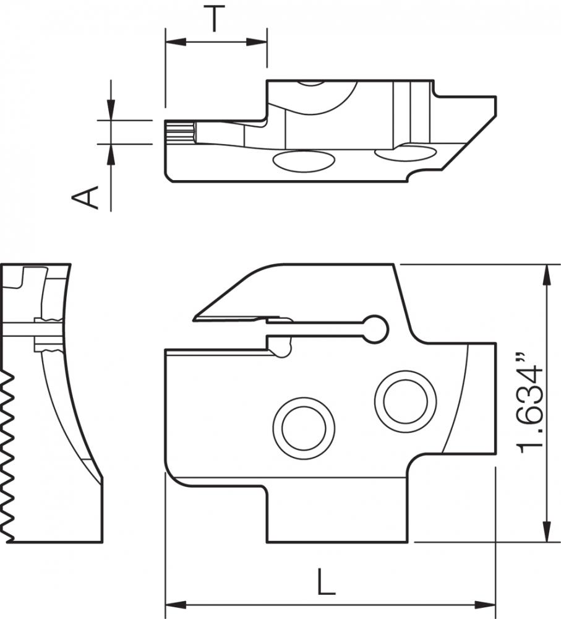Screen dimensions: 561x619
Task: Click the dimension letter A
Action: (x=85, y=197)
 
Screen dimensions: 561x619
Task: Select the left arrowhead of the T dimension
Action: (x=175, y=41)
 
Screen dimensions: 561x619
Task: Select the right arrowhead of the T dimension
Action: (x=257, y=41)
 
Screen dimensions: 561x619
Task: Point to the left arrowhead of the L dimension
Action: (x=175, y=604)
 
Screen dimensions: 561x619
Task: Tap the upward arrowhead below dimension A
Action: (x=111, y=154)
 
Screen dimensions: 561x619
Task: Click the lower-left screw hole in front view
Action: (x=304, y=428)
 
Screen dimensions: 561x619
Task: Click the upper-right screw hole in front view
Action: (x=406, y=402)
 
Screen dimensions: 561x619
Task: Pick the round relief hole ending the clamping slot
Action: (x=375, y=329)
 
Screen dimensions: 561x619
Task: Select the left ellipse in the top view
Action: (x=304, y=161)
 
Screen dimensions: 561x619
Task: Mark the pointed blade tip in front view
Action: (x=194, y=318)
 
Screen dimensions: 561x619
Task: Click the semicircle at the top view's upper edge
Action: (x=310, y=83)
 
